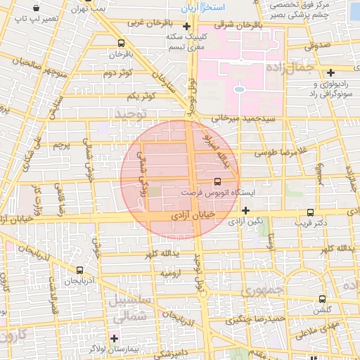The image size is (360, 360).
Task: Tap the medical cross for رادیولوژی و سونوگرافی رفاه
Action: pos(330,72)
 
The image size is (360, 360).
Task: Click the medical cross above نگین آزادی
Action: pos(245,210)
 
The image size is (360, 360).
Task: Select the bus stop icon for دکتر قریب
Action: pos(311,212)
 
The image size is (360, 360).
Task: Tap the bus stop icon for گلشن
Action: pos(322,299)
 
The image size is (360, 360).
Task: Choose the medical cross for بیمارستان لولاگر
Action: pos(114,338)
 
